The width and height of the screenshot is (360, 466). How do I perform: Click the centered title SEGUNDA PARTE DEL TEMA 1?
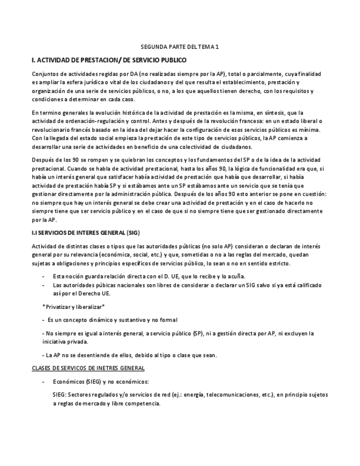180,47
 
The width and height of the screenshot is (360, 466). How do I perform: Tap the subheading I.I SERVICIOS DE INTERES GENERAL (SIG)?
86,232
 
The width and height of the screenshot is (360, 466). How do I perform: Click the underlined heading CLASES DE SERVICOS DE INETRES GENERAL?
88,368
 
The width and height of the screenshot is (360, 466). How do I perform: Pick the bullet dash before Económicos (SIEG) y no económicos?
43,381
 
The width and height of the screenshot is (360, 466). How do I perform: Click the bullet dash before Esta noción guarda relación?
43,276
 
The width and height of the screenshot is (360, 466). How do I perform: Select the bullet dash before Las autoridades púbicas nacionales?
43,285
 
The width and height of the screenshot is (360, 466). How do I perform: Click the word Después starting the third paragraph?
44,160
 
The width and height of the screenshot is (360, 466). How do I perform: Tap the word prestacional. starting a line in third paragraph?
48,168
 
